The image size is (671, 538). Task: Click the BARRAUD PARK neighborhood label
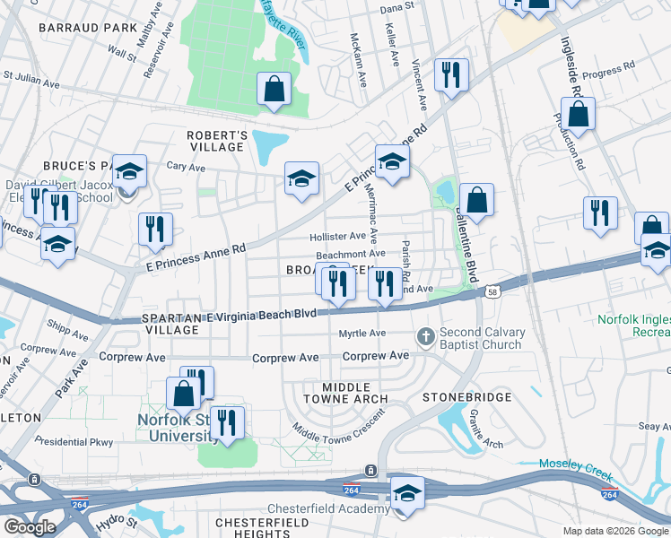88,28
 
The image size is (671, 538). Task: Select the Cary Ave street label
187,167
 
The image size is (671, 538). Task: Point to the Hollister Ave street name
338,237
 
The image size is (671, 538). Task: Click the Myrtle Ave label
362,334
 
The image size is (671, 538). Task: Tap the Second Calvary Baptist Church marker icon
427,338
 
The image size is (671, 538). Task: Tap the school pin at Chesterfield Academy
407,495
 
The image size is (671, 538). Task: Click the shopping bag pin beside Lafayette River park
274,89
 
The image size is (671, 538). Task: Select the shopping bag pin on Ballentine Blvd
477,200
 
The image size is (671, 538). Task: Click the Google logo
29,526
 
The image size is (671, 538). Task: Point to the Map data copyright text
614,531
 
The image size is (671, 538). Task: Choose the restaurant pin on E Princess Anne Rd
155,230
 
